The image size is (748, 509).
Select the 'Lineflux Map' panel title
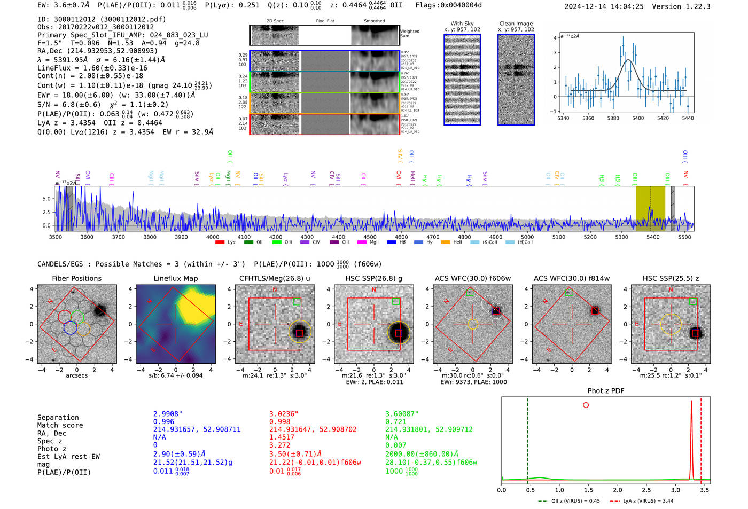point(176,278)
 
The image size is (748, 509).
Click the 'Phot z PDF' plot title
point(606,391)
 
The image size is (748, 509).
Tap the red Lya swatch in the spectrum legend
point(220,242)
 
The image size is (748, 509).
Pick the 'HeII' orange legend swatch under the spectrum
point(446,242)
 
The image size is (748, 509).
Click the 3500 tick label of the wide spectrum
point(56,237)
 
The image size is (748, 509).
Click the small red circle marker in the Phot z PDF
point(586,405)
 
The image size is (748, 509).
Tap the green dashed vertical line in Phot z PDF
point(527,438)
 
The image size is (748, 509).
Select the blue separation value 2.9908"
point(168,414)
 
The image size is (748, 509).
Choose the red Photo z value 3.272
point(279,445)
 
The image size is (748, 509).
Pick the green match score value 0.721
point(395,422)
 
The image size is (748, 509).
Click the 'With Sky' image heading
point(462,24)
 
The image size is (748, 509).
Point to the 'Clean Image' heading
point(516,24)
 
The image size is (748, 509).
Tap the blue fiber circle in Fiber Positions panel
point(70,328)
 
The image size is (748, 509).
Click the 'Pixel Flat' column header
point(325,21)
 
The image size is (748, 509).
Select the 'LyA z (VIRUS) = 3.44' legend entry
point(647,501)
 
